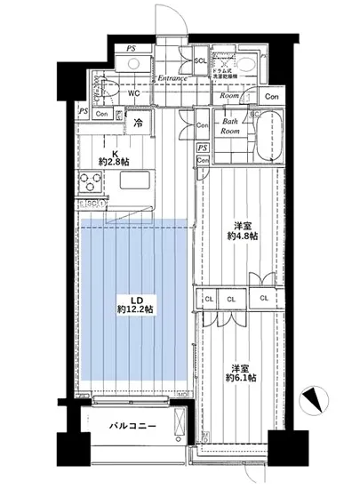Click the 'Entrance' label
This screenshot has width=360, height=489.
[x=172, y=78]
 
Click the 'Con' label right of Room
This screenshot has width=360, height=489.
[x=270, y=97]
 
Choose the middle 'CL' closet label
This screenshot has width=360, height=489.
[x=231, y=299]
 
